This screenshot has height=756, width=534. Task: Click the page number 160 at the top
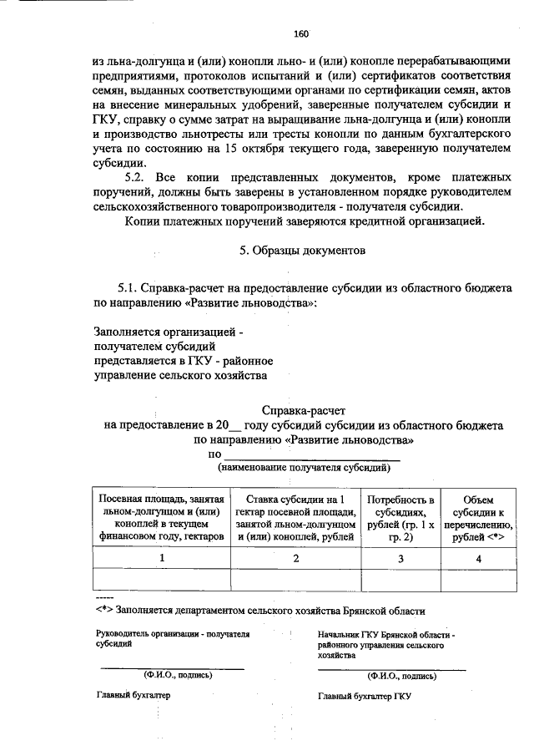(x=301, y=34)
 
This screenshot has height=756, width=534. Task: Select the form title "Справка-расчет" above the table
(x=303, y=411)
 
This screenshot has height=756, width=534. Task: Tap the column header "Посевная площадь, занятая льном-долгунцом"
(x=161, y=516)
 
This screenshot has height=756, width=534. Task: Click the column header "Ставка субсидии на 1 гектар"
(x=295, y=516)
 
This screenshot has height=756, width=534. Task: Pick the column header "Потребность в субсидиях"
(x=400, y=516)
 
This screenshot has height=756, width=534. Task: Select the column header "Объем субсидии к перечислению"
(x=478, y=516)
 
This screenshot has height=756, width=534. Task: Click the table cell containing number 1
(x=161, y=557)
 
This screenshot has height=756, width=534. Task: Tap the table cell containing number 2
(x=295, y=557)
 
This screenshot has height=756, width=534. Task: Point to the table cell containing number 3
(x=400, y=557)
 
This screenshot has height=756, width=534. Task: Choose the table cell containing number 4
(x=478, y=557)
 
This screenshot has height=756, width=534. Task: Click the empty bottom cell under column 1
(x=161, y=579)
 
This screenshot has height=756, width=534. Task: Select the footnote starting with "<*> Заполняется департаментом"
(x=260, y=611)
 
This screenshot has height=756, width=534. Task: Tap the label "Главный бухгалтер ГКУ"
(x=364, y=696)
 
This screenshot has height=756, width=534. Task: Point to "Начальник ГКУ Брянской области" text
(x=385, y=636)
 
